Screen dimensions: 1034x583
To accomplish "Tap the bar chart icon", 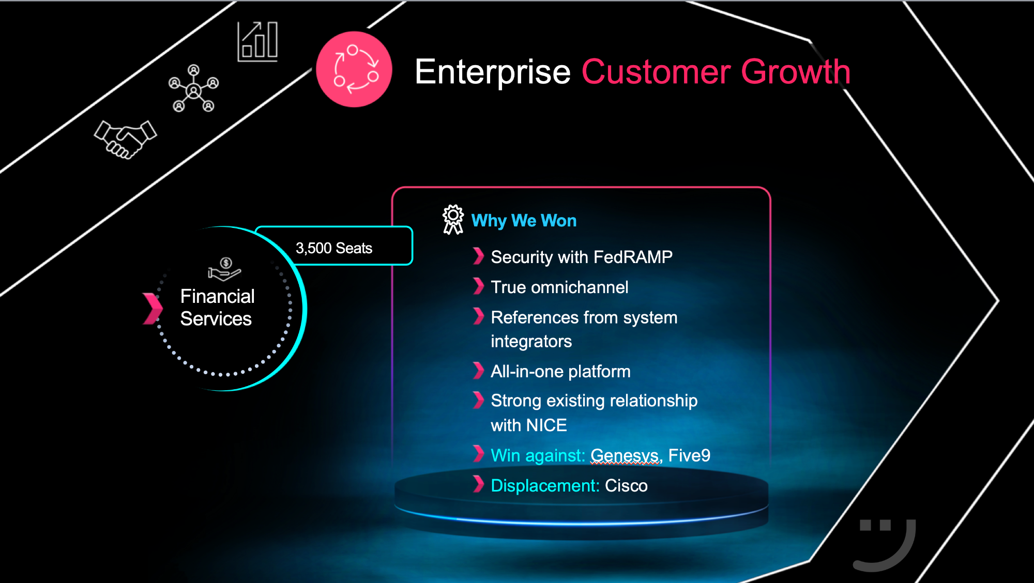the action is pos(257,42).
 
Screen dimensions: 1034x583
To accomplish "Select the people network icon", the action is pos(193,88).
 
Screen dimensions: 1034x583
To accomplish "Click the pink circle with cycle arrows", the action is pos(354,69).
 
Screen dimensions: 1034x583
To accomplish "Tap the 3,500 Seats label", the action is pos(334,248).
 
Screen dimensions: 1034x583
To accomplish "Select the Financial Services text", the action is pos(217,308).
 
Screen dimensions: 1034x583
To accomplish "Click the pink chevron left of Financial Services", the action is pos(153,309).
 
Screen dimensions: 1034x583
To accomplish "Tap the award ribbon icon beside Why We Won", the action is pos(453,220).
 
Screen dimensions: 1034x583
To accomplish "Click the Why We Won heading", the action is pos(524,221).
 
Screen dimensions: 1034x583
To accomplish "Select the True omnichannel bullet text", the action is pos(559,287).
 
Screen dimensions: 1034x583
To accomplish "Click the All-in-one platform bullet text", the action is pos(560,372).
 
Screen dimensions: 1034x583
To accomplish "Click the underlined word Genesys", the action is pos(626,456).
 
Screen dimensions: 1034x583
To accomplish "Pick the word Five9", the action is pos(689,455).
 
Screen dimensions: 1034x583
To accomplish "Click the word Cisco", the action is pos(626,486).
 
